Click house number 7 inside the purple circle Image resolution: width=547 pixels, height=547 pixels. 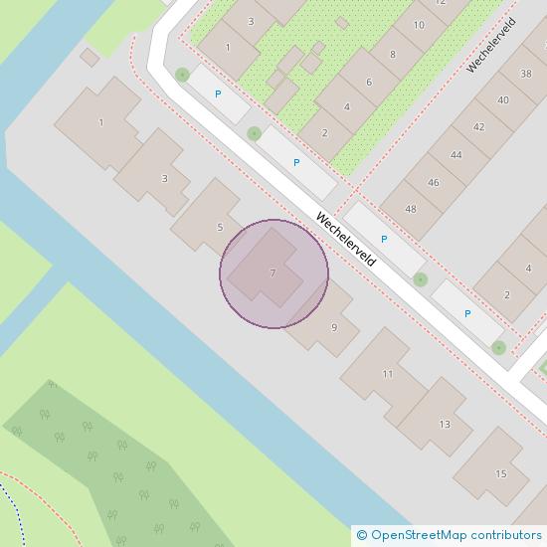pos(273,273)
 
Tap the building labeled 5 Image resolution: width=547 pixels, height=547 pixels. pos(220,228)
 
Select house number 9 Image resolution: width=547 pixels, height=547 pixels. pos(333,327)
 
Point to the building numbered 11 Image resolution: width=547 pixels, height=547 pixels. pos(388,374)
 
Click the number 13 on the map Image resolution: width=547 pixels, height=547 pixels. pos(444,425)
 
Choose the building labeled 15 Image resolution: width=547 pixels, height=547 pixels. pos(501,473)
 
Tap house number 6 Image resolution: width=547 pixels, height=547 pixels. pos(369,83)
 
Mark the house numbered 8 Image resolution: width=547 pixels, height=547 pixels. pos(393,55)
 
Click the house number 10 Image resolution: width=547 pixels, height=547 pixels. pos(418,26)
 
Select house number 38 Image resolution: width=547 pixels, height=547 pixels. pos(525,74)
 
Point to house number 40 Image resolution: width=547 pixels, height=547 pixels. pos(503,100)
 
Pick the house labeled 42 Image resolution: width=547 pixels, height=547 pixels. pos(479,127)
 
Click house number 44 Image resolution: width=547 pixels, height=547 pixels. pos(456,155)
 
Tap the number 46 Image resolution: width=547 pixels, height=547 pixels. pos(434,183)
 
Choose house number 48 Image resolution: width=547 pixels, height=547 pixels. pos(411,209)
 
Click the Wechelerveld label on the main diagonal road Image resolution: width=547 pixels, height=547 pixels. pos(346,241)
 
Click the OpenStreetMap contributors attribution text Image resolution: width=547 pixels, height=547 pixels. pos(452,536)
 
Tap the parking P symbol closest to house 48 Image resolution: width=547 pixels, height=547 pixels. pos(384,240)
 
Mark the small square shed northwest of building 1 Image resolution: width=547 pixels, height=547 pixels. pos(91,59)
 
